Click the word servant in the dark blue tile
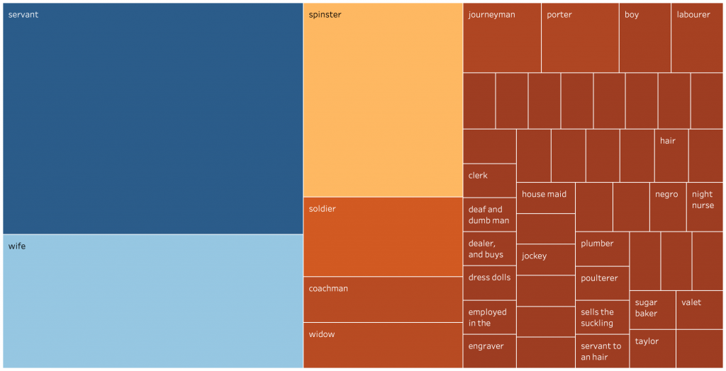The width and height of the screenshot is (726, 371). pos(23,15)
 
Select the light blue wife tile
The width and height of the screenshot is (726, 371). pos(152,300)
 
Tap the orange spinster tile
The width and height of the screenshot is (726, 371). pos(383,99)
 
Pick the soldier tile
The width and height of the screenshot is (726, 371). pos(383,236)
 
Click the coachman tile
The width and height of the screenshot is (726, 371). pos(383,299)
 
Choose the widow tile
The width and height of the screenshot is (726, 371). pos(383,345)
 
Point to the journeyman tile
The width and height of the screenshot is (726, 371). pos(502,38)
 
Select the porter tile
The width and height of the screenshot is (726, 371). pos(580,38)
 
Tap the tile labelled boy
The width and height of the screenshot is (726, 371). pos(644,38)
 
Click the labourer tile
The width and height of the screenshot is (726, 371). pos(696,38)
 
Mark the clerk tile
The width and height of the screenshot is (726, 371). pos(489,181)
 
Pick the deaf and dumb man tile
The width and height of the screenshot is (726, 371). pos(489,215)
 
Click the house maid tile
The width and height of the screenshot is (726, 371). pos(545,198)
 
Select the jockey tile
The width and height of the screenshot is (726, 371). pos(545,259)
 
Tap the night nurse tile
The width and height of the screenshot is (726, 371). pos(705,206)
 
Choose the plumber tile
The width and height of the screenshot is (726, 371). pos(602,249)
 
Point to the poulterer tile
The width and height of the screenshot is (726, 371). pos(602,282)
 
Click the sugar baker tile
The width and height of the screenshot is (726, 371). pos(652,309)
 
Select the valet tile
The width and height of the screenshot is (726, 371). pos(699,309)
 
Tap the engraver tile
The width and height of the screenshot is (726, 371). pos(489,350)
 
